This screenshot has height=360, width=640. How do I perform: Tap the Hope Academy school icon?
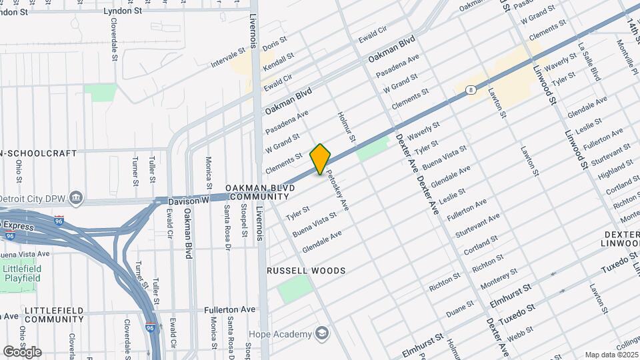point(323,333)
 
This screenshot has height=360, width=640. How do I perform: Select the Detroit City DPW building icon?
point(77,197)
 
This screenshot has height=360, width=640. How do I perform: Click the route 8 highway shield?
point(471,89)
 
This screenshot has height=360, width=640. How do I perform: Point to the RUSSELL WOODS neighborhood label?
point(306,271)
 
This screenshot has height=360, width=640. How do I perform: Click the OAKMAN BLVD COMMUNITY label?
point(259,193)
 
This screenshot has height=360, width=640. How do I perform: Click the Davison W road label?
point(189,199)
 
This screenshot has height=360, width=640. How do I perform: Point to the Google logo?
point(22,351)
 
